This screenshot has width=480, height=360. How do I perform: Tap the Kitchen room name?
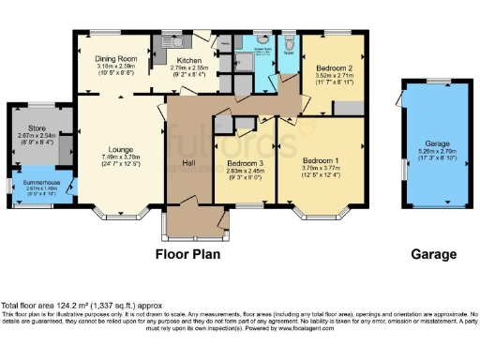tap(182, 59)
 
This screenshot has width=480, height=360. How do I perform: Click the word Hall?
tap(187, 163)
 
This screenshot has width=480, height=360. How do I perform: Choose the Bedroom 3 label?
tap(244, 164)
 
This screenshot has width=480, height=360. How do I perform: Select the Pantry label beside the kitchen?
tap(225, 43)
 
